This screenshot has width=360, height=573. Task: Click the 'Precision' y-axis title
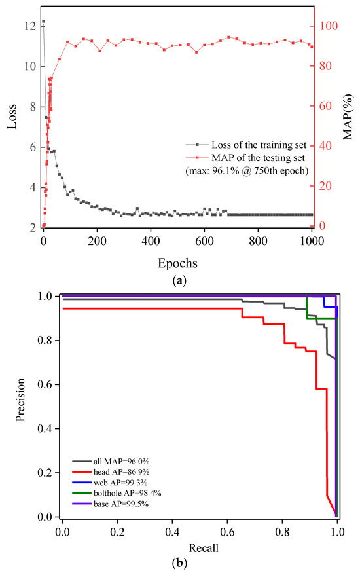coord(24,406)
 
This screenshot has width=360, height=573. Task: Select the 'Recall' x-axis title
coord(200,547)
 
